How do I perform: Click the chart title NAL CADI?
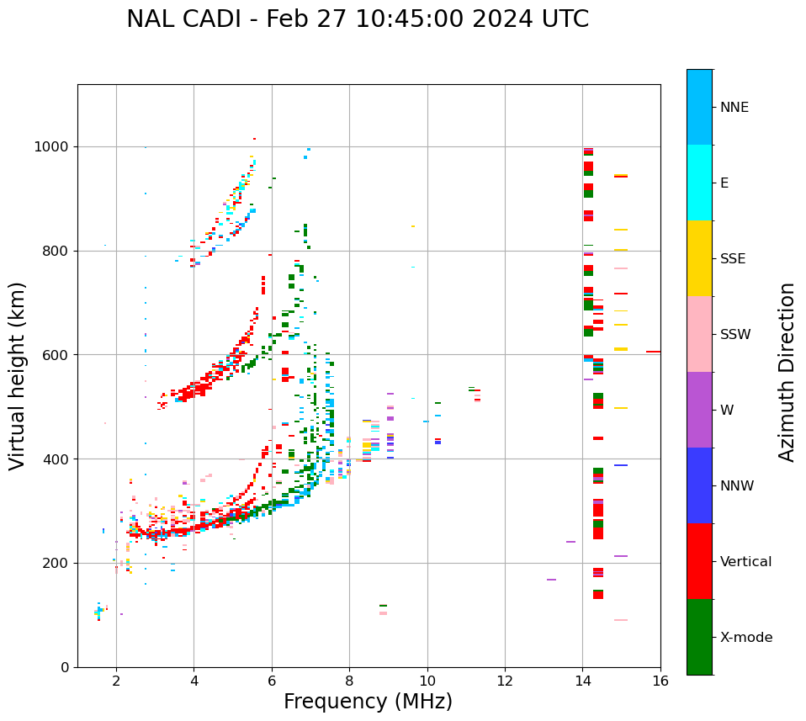358,19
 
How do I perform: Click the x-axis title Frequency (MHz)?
368,702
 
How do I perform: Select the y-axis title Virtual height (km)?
18,375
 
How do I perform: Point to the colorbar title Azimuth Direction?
787,372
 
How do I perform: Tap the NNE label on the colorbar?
734,108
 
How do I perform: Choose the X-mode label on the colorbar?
745,638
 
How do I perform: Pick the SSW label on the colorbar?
735,335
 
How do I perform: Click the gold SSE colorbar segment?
699,258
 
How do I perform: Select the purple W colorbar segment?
699,410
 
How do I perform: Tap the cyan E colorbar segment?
699,183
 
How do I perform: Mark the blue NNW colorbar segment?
699,485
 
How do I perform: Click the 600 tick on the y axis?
58,355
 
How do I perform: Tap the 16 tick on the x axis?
660,681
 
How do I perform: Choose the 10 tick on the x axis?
427,681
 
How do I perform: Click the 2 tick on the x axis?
116,681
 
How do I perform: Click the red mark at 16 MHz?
653,352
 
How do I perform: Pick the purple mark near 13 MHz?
551,580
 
